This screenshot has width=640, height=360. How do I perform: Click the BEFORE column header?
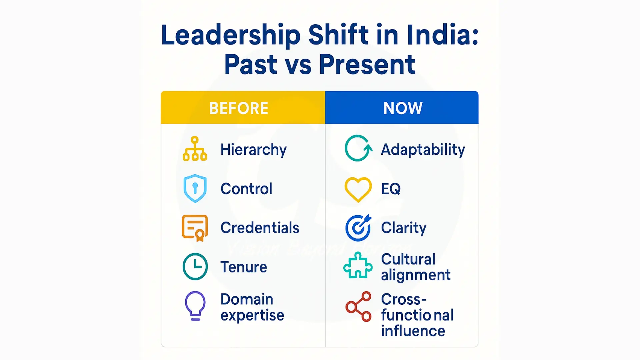point(239,108)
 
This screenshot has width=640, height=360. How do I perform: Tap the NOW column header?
point(403,108)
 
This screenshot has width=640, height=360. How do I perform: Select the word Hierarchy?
point(253,150)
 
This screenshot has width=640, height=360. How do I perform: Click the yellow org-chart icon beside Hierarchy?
point(195,149)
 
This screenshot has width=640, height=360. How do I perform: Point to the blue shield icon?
point(195,188)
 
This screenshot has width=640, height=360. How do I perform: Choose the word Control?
point(246,189)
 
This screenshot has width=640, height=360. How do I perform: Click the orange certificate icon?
point(195,228)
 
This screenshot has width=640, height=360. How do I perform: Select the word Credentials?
point(260,228)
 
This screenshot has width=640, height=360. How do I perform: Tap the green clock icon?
point(195,267)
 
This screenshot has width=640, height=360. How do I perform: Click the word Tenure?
point(244,267)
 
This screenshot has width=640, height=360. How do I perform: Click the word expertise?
point(252,315)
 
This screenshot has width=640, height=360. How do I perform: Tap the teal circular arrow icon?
point(358,149)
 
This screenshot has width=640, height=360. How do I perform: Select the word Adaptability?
point(423,150)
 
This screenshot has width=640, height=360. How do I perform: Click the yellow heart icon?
point(358,189)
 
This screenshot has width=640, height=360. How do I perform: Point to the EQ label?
point(391,189)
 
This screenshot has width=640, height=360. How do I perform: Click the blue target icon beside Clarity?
point(358,228)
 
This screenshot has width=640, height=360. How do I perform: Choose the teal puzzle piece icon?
point(358,266)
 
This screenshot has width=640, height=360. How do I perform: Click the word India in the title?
point(439,35)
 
